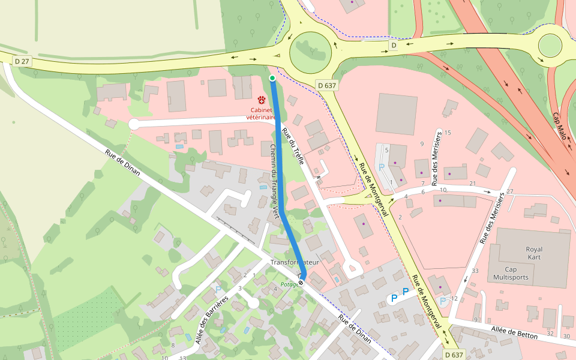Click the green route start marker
(x=272, y=78)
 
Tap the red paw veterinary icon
(x=262, y=100)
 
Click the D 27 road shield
(x=22, y=61)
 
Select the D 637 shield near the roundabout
(x=327, y=86)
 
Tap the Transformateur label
(x=294, y=263)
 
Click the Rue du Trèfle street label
(x=293, y=146)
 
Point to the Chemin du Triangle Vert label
(x=274, y=180)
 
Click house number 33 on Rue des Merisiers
(x=475, y=271)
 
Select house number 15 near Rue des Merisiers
(x=447, y=133)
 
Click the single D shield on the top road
(x=394, y=46)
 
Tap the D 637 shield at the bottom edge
(x=455, y=355)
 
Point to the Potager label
(x=290, y=285)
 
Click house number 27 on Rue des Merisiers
(x=510, y=192)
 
